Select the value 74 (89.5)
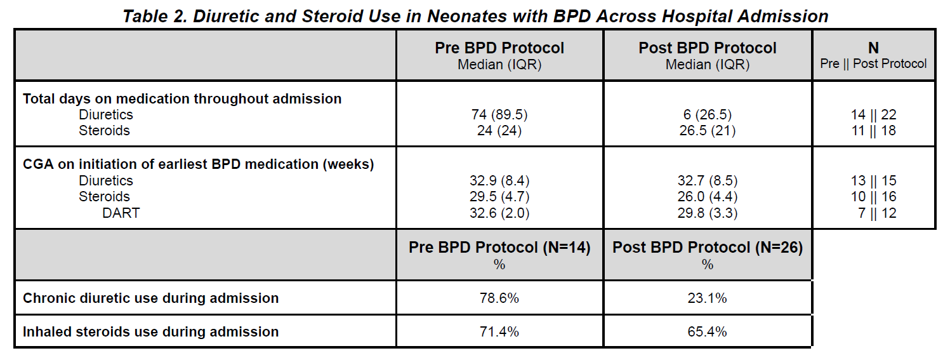click(499, 115)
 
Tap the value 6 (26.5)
click(707, 115)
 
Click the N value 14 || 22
click(873, 115)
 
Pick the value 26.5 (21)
click(707, 130)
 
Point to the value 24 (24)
click(499, 130)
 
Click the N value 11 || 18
click(873, 130)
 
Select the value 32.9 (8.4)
click(499, 181)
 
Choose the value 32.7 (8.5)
click(707, 181)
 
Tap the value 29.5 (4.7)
click(499, 197)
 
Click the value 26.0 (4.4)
click(707, 197)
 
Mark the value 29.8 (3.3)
click(707, 213)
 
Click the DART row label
click(121, 213)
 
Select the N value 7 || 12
click(877, 213)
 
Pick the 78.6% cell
click(499, 298)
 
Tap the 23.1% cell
click(707, 298)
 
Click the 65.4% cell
click(707, 331)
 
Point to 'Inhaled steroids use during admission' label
click(150, 331)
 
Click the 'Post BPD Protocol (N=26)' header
click(708, 248)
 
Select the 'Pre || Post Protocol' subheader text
click(873, 63)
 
